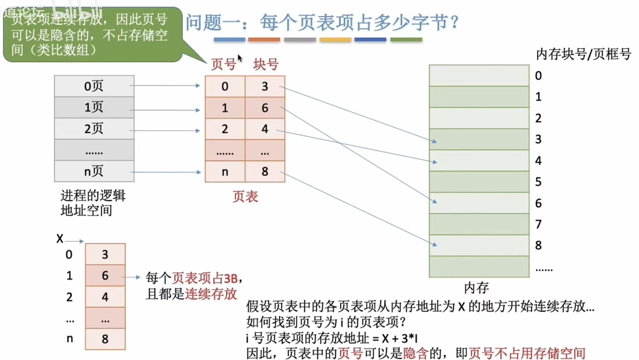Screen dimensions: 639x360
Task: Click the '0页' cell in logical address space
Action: pos(94,86)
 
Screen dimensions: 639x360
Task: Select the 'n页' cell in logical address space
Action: pos(94,171)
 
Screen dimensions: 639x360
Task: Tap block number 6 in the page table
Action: pos(265,108)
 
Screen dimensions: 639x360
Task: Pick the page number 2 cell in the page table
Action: pos(225,129)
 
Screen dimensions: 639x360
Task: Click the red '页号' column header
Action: pos(223,64)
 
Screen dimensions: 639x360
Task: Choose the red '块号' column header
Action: pos(266,64)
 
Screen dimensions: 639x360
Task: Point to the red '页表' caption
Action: pos(245,197)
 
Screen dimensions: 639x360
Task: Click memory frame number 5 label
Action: pos(538,182)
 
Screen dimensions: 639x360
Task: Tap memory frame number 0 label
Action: pos(538,76)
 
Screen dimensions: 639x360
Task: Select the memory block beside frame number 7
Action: pos(479,224)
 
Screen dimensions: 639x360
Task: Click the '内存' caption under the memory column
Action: pos(476,288)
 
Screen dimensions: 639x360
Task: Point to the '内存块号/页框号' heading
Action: pos(583,54)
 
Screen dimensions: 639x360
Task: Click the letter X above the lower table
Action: pos(60,239)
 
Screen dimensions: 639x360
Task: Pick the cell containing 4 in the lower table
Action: pos(105,297)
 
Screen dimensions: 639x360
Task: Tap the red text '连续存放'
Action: pos(211,294)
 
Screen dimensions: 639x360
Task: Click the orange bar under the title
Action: pos(264,40)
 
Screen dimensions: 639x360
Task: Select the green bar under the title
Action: pos(406,40)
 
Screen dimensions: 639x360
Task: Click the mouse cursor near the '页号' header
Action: pos(240,58)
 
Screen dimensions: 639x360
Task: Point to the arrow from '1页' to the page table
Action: pos(165,110)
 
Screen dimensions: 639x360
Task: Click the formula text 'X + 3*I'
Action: pos(400,338)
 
